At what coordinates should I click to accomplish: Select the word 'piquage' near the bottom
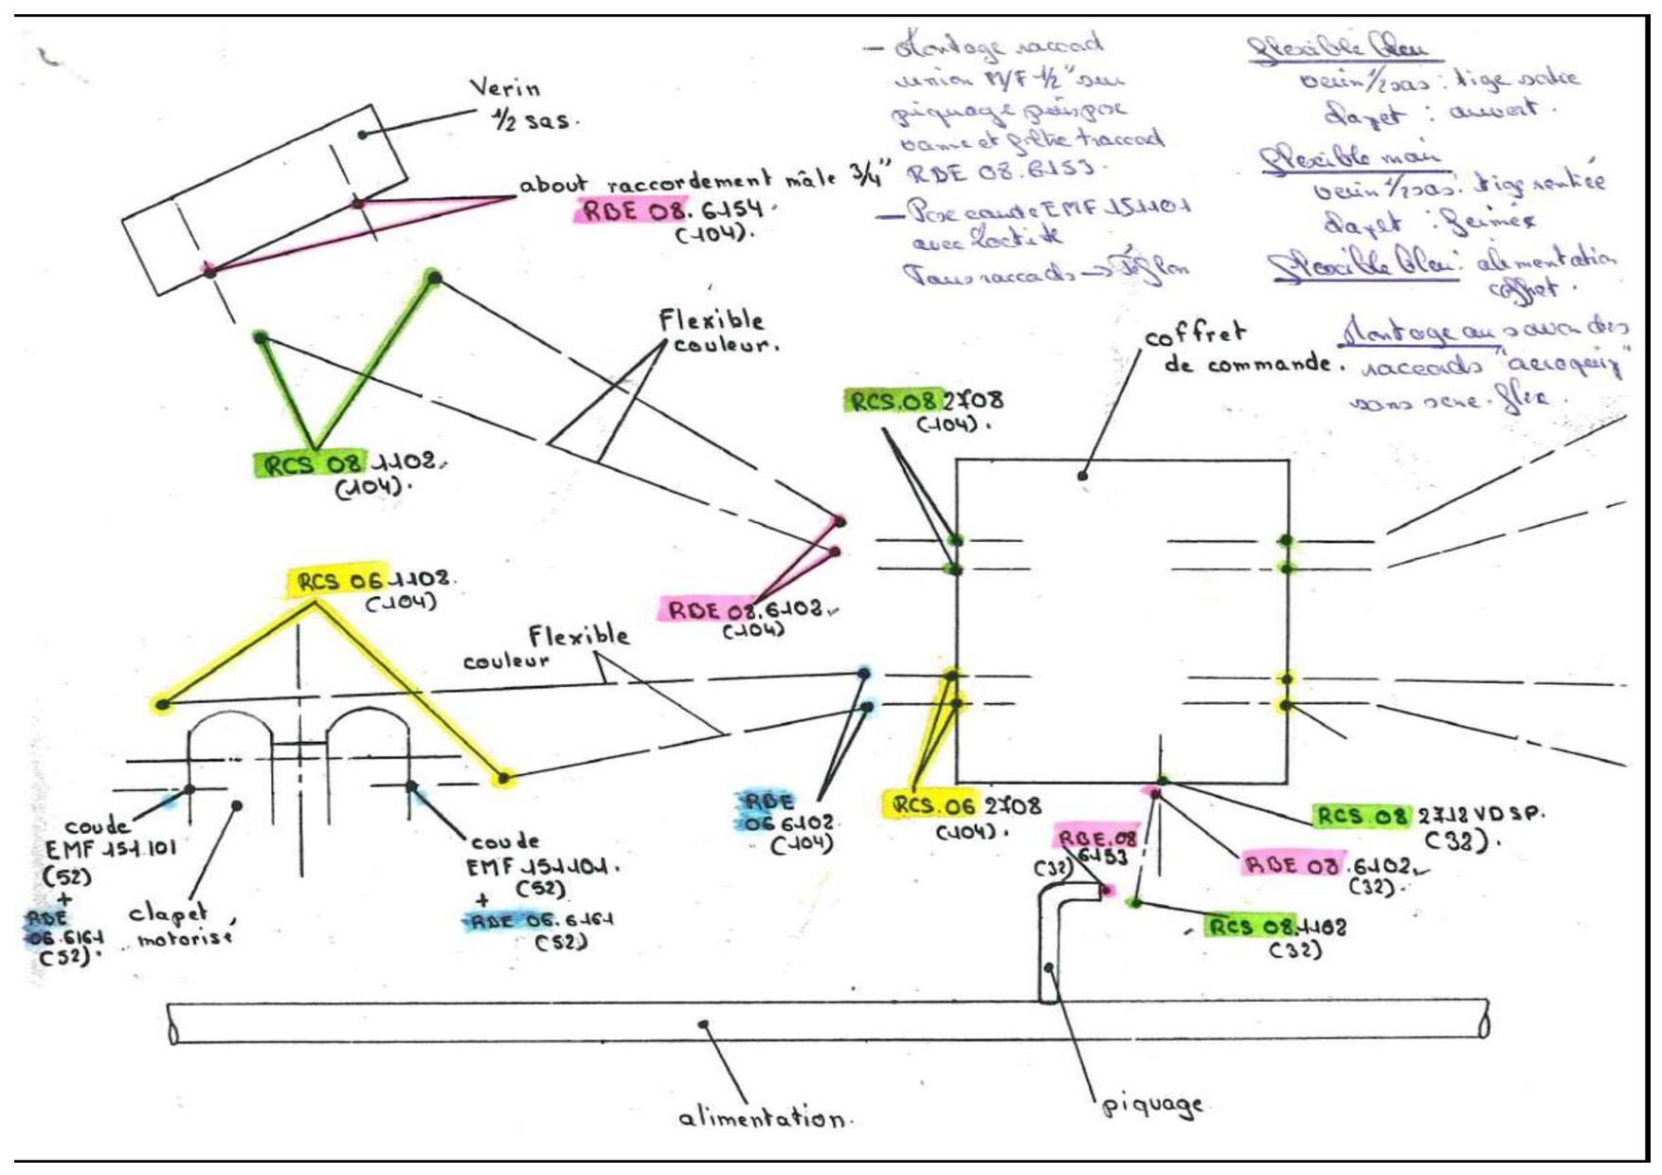[x=1152, y=1104]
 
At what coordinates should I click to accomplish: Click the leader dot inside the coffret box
[x=1082, y=475]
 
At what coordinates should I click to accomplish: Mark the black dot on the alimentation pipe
[x=703, y=1024]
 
